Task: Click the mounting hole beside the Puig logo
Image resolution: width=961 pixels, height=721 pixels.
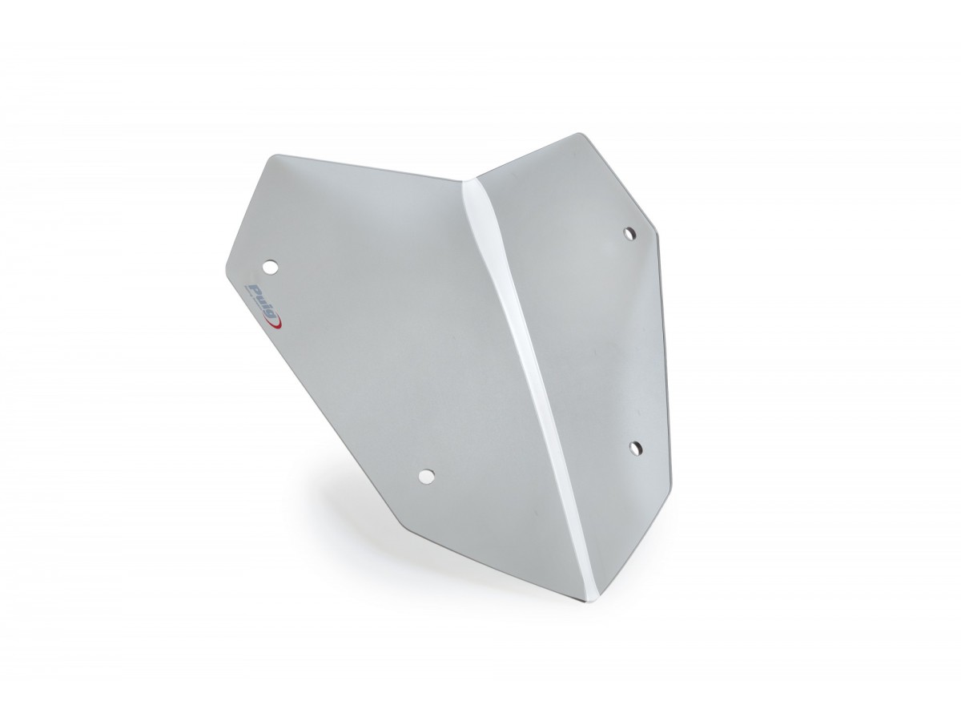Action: click(x=270, y=266)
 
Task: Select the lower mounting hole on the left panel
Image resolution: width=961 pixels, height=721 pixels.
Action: click(x=426, y=476)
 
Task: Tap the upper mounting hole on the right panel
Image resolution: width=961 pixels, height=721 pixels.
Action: click(x=629, y=233)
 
